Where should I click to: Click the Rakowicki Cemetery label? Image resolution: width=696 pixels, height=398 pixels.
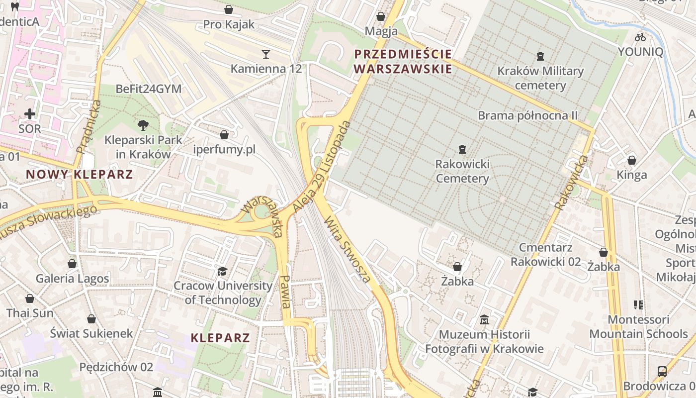[x=462, y=171]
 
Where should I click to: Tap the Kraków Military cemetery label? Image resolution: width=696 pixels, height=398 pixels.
[x=540, y=78]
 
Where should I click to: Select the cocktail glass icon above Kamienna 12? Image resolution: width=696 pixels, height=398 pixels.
[x=266, y=54]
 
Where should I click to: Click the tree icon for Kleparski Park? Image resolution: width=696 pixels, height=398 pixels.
[x=143, y=125]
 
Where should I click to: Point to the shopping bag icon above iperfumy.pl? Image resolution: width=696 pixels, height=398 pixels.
[x=224, y=135]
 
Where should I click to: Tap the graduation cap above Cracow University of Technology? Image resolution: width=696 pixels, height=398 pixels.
[x=222, y=271]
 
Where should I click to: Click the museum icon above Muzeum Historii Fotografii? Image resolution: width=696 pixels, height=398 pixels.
[x=484, y=319]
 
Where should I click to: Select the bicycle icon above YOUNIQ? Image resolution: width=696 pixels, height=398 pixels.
[x=640, y=37]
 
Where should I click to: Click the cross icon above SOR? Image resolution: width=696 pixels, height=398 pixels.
[x=30, y=114]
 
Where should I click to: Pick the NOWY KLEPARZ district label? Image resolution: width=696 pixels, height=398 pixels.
[x=80, y=175]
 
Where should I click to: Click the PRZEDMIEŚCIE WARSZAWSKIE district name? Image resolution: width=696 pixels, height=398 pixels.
[x=403, y=61]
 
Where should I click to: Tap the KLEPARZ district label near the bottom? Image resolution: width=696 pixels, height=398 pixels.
[x=220, y=338]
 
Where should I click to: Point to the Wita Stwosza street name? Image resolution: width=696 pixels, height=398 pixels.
[x=348, y=249]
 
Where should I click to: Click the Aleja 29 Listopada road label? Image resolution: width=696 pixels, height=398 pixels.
[x=323, y=167]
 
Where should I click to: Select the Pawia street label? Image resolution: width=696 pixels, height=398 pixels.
[x=285, y=291]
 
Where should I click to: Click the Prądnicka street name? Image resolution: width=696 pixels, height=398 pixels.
[x=89, y=126]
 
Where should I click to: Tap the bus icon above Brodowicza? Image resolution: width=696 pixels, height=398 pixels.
[x=662, y=371]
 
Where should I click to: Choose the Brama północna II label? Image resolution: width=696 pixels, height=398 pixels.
[x=527, y=115]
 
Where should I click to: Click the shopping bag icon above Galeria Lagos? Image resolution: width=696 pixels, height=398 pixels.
[x=72, y=264]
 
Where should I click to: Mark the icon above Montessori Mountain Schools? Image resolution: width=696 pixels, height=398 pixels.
[x=638, y=304]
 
